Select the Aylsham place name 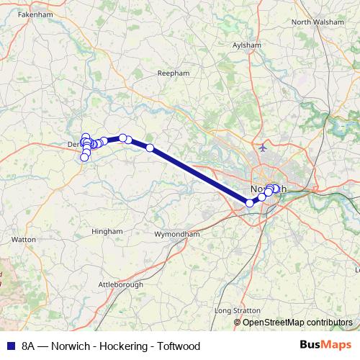[247, 45]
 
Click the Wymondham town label [177, 235]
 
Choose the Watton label [24, 238]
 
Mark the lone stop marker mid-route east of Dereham [150, 148]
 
